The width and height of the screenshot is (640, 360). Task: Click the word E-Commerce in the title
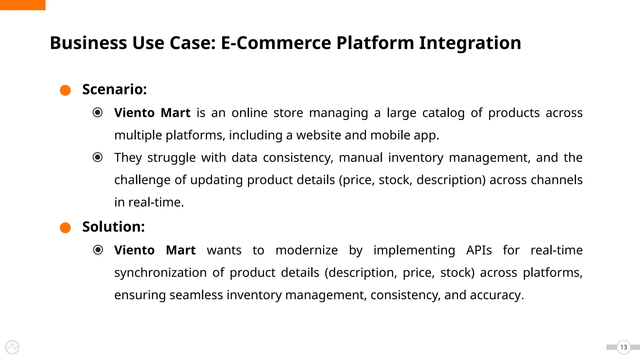[276, 43]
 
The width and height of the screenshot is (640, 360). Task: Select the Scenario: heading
[114, 89]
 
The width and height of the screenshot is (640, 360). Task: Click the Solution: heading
[113, 227]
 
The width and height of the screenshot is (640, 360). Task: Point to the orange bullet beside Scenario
[65, 90]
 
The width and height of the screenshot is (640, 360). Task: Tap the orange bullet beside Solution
[65, 227]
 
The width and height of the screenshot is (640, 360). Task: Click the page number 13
[623, 347]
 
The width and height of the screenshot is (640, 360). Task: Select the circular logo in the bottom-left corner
[12, 347]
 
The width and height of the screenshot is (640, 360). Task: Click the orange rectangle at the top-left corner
[22, 5]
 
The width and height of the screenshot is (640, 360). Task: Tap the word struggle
[171, 158]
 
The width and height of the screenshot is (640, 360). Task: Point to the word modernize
[307, 250]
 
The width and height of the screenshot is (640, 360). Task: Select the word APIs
[479, 250]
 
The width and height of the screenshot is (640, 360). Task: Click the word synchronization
[160, 273]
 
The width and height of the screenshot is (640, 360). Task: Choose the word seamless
[196, 295]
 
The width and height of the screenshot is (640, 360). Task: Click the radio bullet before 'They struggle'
[97, 157]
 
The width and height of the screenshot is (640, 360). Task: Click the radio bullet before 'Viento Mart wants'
[98, 250]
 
